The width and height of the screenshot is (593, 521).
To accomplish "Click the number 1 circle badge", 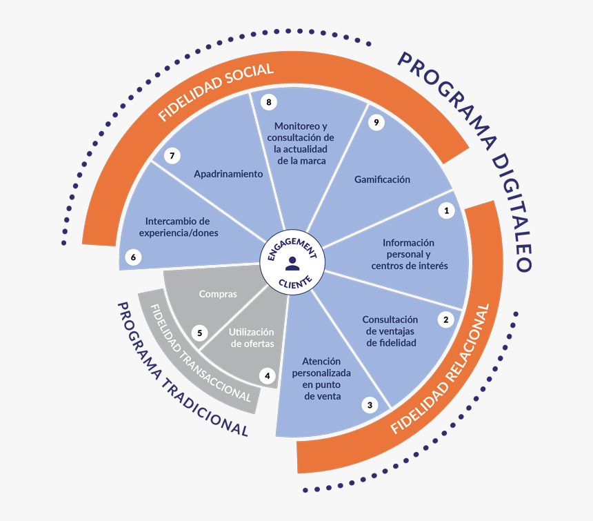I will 446,210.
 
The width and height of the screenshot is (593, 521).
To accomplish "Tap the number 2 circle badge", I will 446,319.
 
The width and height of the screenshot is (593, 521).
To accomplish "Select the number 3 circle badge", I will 370,405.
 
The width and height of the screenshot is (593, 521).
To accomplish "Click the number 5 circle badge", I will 200,333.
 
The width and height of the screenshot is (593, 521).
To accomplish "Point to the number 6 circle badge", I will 133,257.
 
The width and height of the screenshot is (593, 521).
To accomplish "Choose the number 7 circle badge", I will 172,156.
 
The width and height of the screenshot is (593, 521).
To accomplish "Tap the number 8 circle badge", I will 268,102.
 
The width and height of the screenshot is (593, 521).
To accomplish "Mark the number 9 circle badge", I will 375,122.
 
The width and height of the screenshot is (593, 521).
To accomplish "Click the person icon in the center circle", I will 292,263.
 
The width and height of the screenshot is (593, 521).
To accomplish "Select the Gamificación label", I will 382,179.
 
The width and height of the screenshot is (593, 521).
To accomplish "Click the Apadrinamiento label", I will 228,174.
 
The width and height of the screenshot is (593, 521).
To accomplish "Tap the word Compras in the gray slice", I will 218,294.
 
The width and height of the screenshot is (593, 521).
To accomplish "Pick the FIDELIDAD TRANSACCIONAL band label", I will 200,353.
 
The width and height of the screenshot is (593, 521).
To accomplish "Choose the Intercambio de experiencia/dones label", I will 178,227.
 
